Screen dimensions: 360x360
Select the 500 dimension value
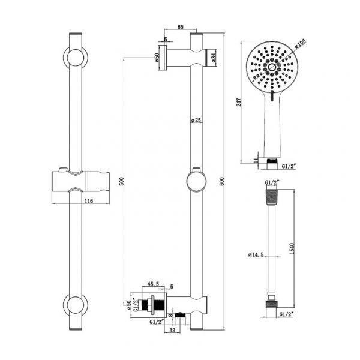tap(121, 182)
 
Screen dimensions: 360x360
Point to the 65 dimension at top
tap(181, 28)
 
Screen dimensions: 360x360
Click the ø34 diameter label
tap(213, 58)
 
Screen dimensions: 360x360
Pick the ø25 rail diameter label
tap(196, 119)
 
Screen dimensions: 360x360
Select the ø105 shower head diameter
tap(301, 43)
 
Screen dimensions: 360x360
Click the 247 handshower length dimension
tap(239, 103)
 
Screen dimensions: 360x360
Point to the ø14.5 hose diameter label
tap(256, 255)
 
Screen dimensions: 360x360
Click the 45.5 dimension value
tap(152, 284)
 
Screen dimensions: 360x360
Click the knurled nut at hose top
tap(272, 196)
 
